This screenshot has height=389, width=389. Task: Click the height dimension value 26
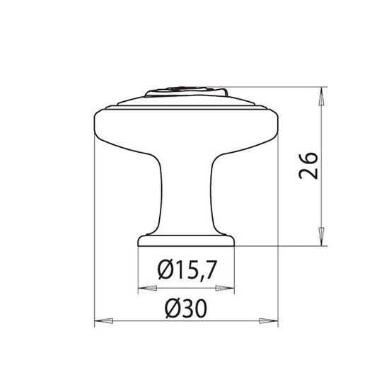[308, 166]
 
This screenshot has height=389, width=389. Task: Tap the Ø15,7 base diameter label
[187, 270]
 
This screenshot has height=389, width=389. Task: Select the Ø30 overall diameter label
[186, 308]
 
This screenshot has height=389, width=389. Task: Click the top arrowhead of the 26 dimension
[322, 96]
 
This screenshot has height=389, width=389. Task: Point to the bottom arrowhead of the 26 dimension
[322, 236]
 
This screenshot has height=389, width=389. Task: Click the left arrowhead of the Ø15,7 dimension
[147, 288]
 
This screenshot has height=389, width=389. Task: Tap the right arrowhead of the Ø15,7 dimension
[225, 288]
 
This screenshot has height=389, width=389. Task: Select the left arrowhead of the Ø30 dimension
[104, 321]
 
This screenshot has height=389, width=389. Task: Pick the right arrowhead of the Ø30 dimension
[269, 321]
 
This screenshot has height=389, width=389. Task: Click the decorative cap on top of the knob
[186, 91]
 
